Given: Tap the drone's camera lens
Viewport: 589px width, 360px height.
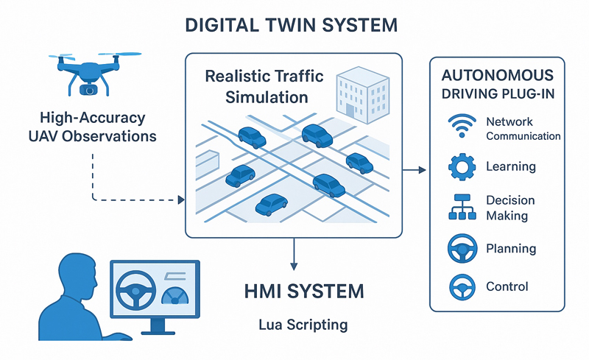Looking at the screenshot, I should pos(89,89).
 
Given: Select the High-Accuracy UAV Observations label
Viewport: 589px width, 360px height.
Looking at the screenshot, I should pos(94,127).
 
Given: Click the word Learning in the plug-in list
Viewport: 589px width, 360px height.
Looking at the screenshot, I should pos(510,166).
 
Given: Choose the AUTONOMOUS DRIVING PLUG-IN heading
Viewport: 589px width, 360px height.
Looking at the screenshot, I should pos(496,85).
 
